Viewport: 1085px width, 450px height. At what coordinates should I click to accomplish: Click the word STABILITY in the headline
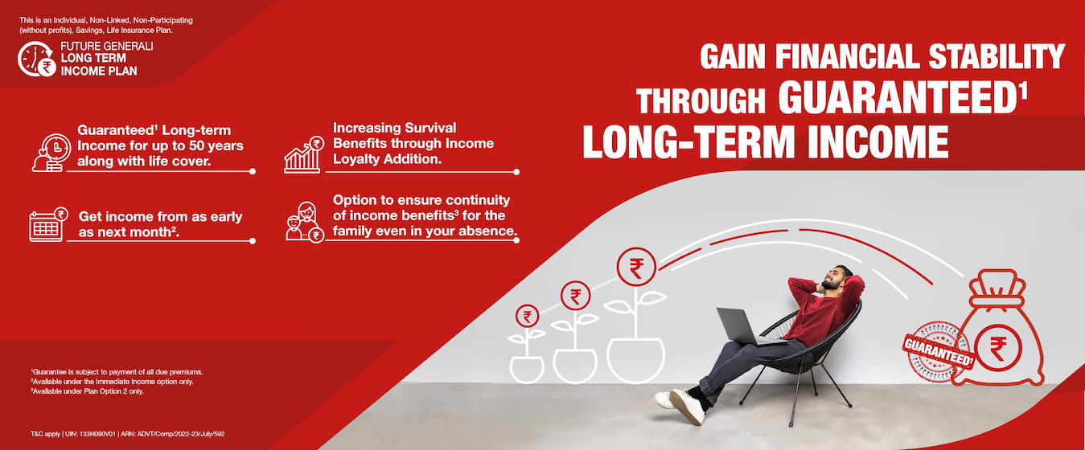(x=997, y=56)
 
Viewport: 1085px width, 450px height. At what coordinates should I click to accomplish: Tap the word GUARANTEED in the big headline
(x=899, y=98)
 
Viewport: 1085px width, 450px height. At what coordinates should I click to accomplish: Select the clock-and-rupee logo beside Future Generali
(x=35, y=59)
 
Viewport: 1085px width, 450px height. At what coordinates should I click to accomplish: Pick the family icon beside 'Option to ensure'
(x=305, y=222)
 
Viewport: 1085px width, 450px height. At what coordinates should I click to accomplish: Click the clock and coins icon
(x=51, y=153)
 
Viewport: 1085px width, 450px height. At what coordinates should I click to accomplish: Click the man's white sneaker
(x=687, y=406)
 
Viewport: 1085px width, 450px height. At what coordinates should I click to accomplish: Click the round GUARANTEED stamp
(x=938, y=352)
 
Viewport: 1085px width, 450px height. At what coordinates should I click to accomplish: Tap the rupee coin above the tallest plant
(x=636, y=267)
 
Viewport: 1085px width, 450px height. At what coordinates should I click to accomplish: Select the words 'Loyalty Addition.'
(x=387, y=159)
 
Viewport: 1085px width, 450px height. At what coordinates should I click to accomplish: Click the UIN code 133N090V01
(x=97, y=434)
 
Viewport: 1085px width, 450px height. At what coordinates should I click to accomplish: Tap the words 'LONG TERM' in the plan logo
(x=93, y=58)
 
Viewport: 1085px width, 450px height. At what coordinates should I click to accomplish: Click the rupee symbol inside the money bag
(x=998, y=348)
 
